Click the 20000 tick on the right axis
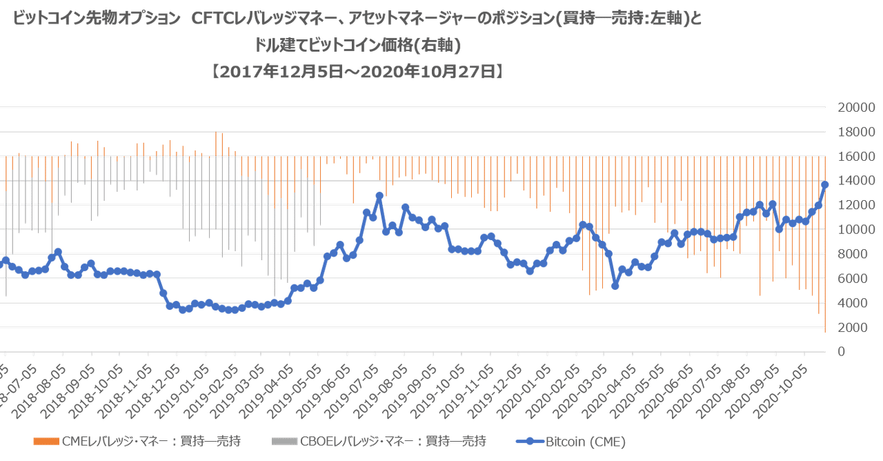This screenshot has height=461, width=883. point(857,108)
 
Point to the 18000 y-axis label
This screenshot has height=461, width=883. point(857,132)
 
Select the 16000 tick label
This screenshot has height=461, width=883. point(857,157)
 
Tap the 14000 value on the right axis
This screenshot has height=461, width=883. point(857,181)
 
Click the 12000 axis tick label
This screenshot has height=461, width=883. point(857,205)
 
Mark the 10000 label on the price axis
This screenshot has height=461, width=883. point(857,229)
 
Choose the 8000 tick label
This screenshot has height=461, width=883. point(857,254)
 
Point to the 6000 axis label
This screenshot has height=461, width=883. point(857,278)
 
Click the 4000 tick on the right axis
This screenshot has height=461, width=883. point(857,302)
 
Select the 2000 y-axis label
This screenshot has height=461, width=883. point(857,327)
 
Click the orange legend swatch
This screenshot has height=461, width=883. point(46,440)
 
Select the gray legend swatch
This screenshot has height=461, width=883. point(284,440)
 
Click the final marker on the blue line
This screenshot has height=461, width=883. point(825,184)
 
